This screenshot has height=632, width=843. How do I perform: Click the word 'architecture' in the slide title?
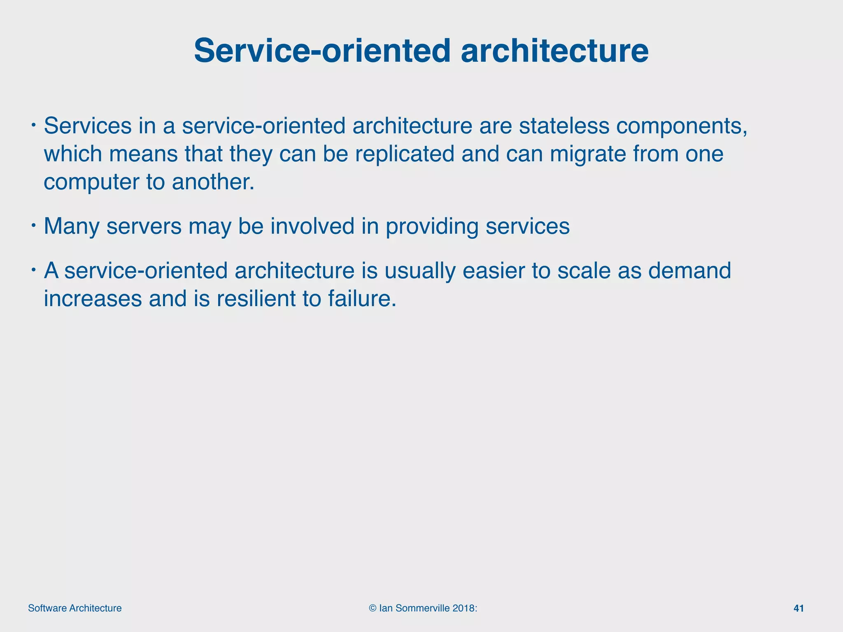[554, 51]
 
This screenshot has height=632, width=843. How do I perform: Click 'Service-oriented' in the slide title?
[322, 51]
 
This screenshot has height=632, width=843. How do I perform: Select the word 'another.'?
[213, 181]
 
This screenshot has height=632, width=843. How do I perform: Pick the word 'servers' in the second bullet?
[144, 226]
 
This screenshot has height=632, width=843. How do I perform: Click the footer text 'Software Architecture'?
[75, 608]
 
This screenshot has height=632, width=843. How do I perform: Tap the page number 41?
[798, 608]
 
